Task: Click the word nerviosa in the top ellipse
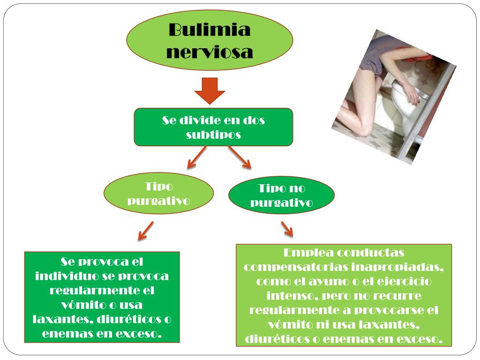tap(210, 52)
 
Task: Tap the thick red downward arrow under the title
tap(210, 90)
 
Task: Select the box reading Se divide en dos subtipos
tap(213, 127)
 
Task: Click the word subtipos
tap(213, 135)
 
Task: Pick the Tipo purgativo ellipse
tap(158, 194)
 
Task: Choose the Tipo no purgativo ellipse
tap(281, 195)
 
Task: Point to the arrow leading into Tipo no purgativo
tap(240, 157)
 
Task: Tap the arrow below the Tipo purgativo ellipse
tap(146, 231)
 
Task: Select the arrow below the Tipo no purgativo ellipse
tap(287, 229)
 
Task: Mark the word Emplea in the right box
tap(310, 253)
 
